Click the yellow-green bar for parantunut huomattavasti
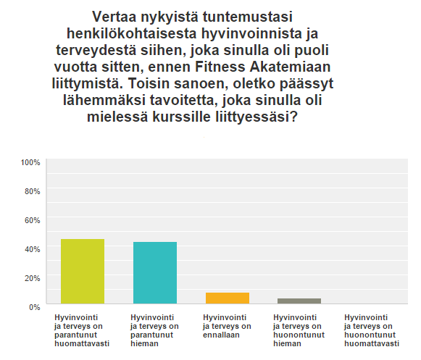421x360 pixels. click(83, 271)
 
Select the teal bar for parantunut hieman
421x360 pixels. click(155, 273)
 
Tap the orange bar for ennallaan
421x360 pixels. click(228, 298)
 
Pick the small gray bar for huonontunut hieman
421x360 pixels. click(299, 301)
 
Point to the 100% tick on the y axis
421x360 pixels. click(30, 162)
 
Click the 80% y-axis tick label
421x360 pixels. click(32, 191)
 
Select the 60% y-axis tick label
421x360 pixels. click(32, 220)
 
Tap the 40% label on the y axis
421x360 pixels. click(32, 249)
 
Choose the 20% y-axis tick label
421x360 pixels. click(32, 278)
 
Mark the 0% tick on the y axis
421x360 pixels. click(34, 307)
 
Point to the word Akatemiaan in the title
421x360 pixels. click(290, 67)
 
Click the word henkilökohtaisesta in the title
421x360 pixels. click(132, 33)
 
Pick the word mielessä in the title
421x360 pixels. click(117, 117)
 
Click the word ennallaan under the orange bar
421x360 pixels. click(221, 335)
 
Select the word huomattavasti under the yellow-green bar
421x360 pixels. click(82, 343)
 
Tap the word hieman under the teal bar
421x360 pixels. click(144, 343)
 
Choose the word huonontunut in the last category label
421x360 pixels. click(370, 335)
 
